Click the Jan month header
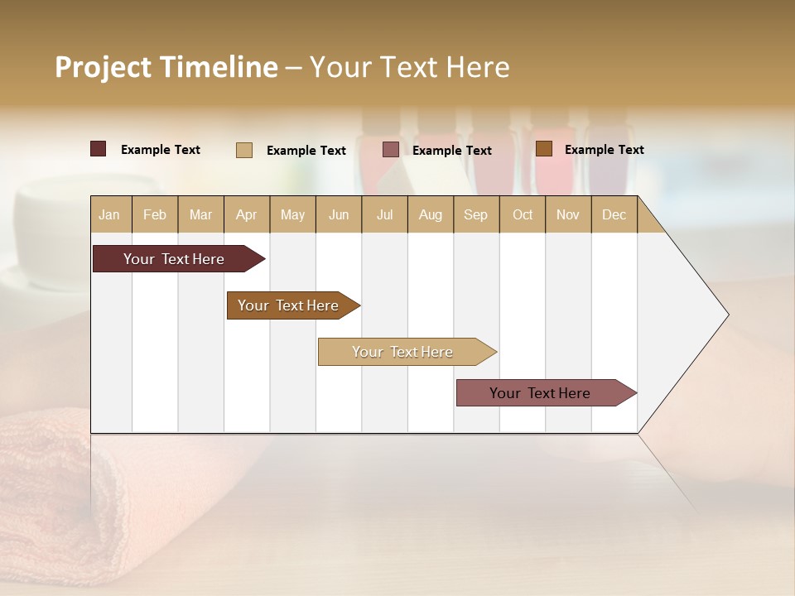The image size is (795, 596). click(109, 214)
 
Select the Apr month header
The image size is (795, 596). click(247, 214)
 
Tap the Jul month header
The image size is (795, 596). click(384, 214)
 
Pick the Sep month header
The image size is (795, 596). click(475, 214)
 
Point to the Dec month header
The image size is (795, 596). click(614, 214)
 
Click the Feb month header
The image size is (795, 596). click(155, 214)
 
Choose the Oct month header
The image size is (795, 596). click(523, 214)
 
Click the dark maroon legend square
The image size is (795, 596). click(98, 149)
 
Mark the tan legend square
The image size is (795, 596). click(244, 150)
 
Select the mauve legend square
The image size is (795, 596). click(391, 150)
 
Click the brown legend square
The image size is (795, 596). click(543, 149)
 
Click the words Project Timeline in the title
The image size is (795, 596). click(166, 67)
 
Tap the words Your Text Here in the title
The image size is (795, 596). click(409, 67)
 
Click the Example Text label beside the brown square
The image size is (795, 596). click(604, 150)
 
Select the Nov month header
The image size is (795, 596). click(568, 214)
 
